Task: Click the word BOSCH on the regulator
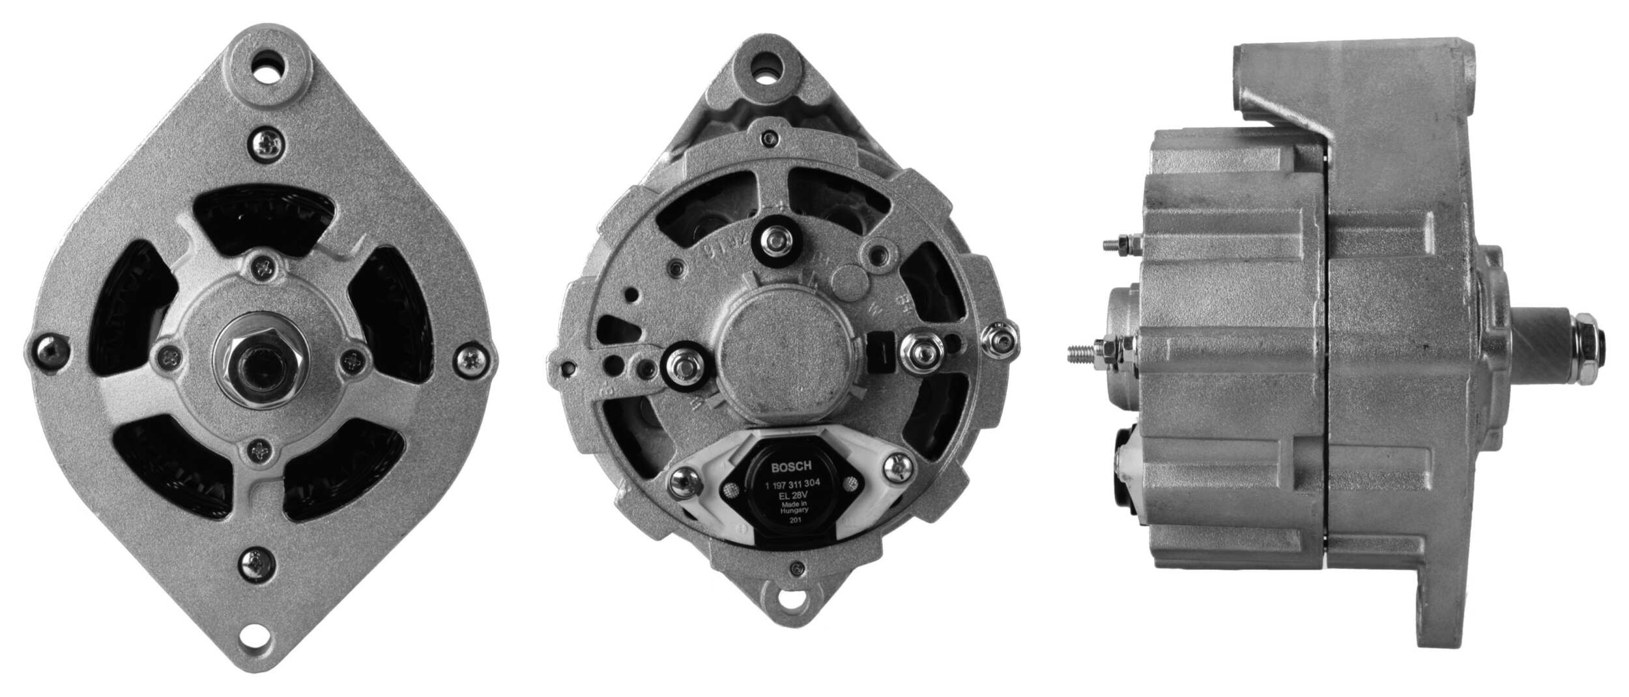pos(792,467)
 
